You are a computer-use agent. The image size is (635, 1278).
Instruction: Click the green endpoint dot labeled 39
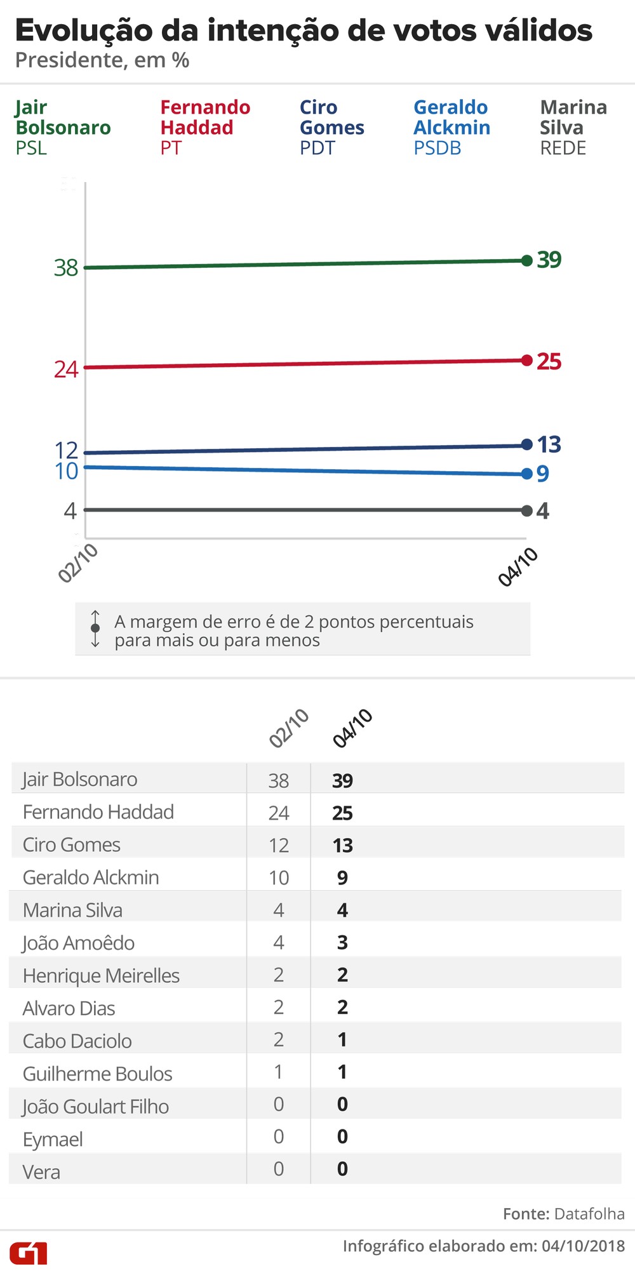click(526, 260)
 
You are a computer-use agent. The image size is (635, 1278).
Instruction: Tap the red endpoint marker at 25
click(526, 361)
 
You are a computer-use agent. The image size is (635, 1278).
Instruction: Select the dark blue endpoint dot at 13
click(526, 444)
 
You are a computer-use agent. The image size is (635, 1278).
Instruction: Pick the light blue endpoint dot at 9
click(526, 474)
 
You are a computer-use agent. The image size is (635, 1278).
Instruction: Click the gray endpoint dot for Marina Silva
click(526, 510)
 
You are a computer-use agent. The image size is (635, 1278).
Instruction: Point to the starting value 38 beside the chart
click(66, 268)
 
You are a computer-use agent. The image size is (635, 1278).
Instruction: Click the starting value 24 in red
click(66, 369)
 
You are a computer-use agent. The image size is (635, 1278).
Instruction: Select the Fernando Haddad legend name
click(205, 117)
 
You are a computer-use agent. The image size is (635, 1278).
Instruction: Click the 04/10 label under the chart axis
click(518, 566)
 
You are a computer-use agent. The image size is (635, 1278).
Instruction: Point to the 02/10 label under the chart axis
click(78, 563)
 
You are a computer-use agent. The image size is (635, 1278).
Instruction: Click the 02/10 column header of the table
click(289, 728)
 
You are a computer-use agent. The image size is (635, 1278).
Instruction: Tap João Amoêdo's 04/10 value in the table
click(342, 942)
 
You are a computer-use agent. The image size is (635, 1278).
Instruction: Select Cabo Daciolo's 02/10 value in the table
click(278, 1039)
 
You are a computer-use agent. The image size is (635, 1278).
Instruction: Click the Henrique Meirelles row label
click(101, 975)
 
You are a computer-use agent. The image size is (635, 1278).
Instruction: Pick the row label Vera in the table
click(41, 1171)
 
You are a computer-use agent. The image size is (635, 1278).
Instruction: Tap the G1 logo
click(29, 1253)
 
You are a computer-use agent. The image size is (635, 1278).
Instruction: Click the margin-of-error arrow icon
click(95, 629)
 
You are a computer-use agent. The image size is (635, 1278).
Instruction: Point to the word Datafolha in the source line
click(589, 1214)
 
